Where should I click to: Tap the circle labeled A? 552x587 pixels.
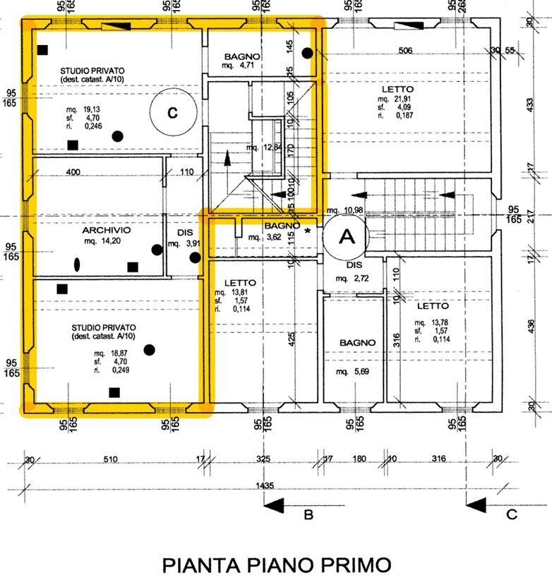click(x=347, y=237)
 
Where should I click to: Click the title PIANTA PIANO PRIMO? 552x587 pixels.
click(x=276, y=566)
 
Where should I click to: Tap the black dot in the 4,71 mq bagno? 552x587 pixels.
click(x=307, y=53)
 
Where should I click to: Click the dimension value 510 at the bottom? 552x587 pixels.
click(x=110, y=459)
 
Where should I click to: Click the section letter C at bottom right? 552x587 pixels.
click(x=512, y=514)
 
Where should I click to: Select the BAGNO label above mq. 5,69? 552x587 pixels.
click(x=357, y=342)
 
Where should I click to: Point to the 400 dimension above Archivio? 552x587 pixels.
click(x=73, y=172)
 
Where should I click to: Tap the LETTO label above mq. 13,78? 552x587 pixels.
click(x=433, y=306)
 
